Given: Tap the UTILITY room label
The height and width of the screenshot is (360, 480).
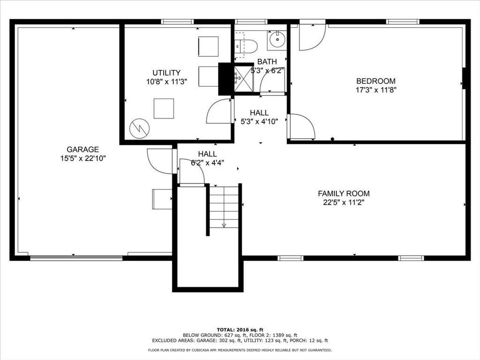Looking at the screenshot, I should (166, 73).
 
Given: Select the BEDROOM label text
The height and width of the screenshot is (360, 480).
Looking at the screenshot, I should (375, 81).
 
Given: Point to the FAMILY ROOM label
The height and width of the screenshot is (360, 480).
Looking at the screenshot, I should (343, 193).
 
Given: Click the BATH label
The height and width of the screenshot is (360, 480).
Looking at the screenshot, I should (267, 61).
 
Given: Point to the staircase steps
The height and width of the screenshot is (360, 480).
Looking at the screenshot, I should (224, 206).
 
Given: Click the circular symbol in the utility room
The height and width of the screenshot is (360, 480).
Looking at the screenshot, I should (139, 128).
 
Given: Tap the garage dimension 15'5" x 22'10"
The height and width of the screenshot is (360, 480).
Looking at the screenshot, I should (80, 158).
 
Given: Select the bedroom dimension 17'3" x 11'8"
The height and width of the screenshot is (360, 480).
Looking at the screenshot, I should (376, 90).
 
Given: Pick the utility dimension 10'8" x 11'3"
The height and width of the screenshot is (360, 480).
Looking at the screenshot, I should (166, 81).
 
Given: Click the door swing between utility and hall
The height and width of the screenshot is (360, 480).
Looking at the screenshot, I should (218, 112).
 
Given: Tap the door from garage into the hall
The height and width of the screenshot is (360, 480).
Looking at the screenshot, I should (160, 161).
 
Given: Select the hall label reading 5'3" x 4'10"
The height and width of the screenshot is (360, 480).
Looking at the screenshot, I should (259, 121).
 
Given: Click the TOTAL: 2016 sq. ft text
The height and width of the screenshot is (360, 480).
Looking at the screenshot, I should (240, 329).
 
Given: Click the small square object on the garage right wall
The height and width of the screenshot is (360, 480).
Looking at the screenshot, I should (162, 199).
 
